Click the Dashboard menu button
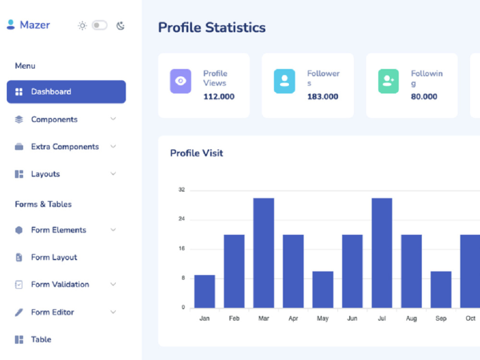pyautogui.click(x=66, y=92)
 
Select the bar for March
pyautogui.click(x=264, y=253)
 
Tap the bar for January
pyautogui.click(x=204, y=291)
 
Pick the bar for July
pyautogui.click(x=382, y=253)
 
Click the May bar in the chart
pyautogui.click(x=323, y=289)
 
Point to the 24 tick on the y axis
pyautogui.click(x=181, y=218)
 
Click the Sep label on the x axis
pyautogui.click(x=441, y=318)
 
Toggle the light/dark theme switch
pyautogui.click(x=99, y=25)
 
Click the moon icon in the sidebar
pyautogui.click(x=120, y=26)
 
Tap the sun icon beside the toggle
pyautogui.click(x=82, y=26)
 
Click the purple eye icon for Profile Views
pyautogui.click(x=180, y=81)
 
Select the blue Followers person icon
pyautogui.click(x=284, y=81)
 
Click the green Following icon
pyautogui.click(x=388, y=81)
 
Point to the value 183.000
pyautogui.click(x=323, y=97)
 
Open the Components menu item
pyautogui.click(x=54, y=120)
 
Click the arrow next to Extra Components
pyautogui.click(x=113, y=146)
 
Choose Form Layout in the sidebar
pyautogui.click(x=54, y=257)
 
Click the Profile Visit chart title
pyautogui.click(x=196, y=153)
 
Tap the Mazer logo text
pyautogui.click(x=35, y=25)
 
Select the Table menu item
pyautogui.click(x=41, y=339)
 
